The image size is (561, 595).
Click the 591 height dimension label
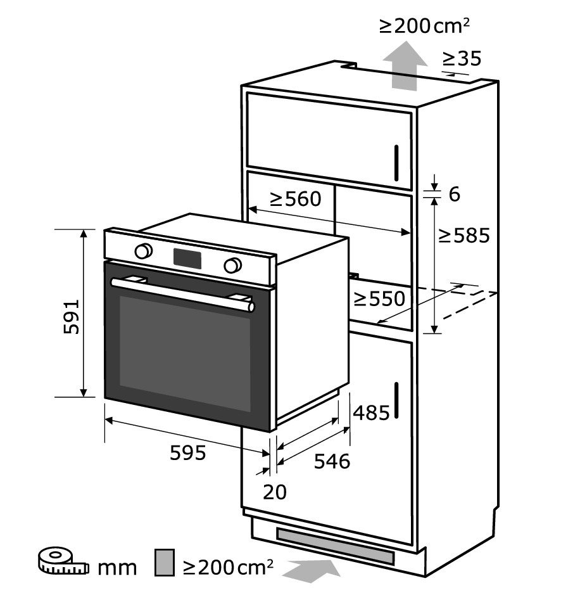pyautogui.click(x=72, y=317)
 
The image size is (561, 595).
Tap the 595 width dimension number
pyautogui.click(x=188, y=452)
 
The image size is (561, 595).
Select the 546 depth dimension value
pyautogui.click(x=332, y=461)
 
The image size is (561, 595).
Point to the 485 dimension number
pyautogui.click(x=371, y=413)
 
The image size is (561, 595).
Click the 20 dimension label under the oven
pyautogui.click(x=275, y=492)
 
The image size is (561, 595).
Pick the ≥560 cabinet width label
pyautogui.click(x=296, y=199)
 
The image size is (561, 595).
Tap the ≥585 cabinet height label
pyautogui.click(x=464, y=235)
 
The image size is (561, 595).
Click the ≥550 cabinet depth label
pyautogui.click(x=379, y=298)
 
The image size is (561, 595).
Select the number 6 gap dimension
pyautogui.click(x=455, y=195)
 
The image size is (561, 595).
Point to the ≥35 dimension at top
pyautogui.click(x=462, y=58)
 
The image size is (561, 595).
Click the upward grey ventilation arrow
pyautogui.click(x=405, y=66)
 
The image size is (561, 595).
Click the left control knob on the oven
pyautogui.click(x=143, y=251)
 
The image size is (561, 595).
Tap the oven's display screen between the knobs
pyautogui.click(x=187, y=259)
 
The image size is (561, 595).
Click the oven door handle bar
pyautogui.click(x=182, y=294)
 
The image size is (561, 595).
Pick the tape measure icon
pyautogui.click(x=63, y=561)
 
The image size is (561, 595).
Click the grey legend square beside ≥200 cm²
pyautogui.click(x=165, y=562)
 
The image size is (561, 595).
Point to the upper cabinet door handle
pyautogui.click(x=396, y=163)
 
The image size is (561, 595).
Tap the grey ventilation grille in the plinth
pyautogui.click(x=336, y=546)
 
